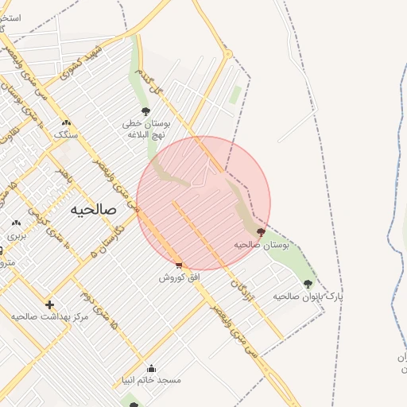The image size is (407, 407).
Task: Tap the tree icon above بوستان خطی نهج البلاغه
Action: pos(145,111)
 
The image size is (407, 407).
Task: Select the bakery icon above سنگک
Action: pos(67,122)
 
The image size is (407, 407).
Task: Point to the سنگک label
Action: pos(66,134)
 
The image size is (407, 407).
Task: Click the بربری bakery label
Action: pos(17,236)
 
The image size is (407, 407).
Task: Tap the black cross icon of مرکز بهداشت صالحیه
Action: pos(49,304)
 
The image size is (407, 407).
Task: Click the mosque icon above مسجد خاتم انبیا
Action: pos(152,369)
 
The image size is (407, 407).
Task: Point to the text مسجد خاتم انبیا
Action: pos(152,381)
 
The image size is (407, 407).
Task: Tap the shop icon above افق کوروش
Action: pos(179,266)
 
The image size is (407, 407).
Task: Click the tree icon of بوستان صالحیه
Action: pos(261,232)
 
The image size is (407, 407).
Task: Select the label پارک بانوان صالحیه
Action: pos(308,296)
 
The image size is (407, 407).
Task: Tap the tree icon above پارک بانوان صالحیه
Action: pos(308,283)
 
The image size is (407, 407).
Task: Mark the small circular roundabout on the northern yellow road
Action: pos(228,55)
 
